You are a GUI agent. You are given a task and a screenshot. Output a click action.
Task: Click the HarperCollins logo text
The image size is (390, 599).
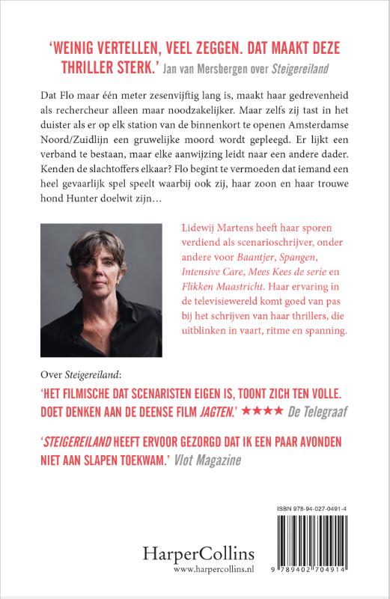pyautogui.click(x=204, y=556)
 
